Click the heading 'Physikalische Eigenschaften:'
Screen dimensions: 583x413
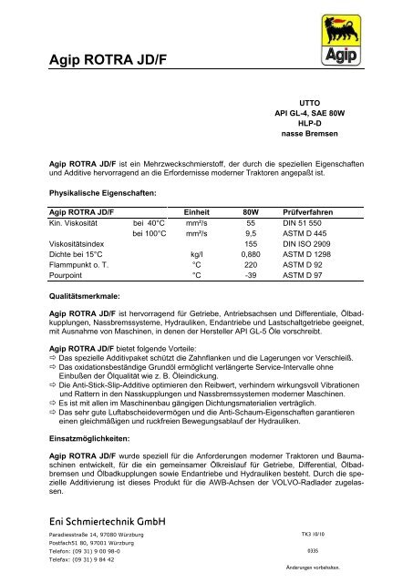pyautogui.click(x=104, y=193)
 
